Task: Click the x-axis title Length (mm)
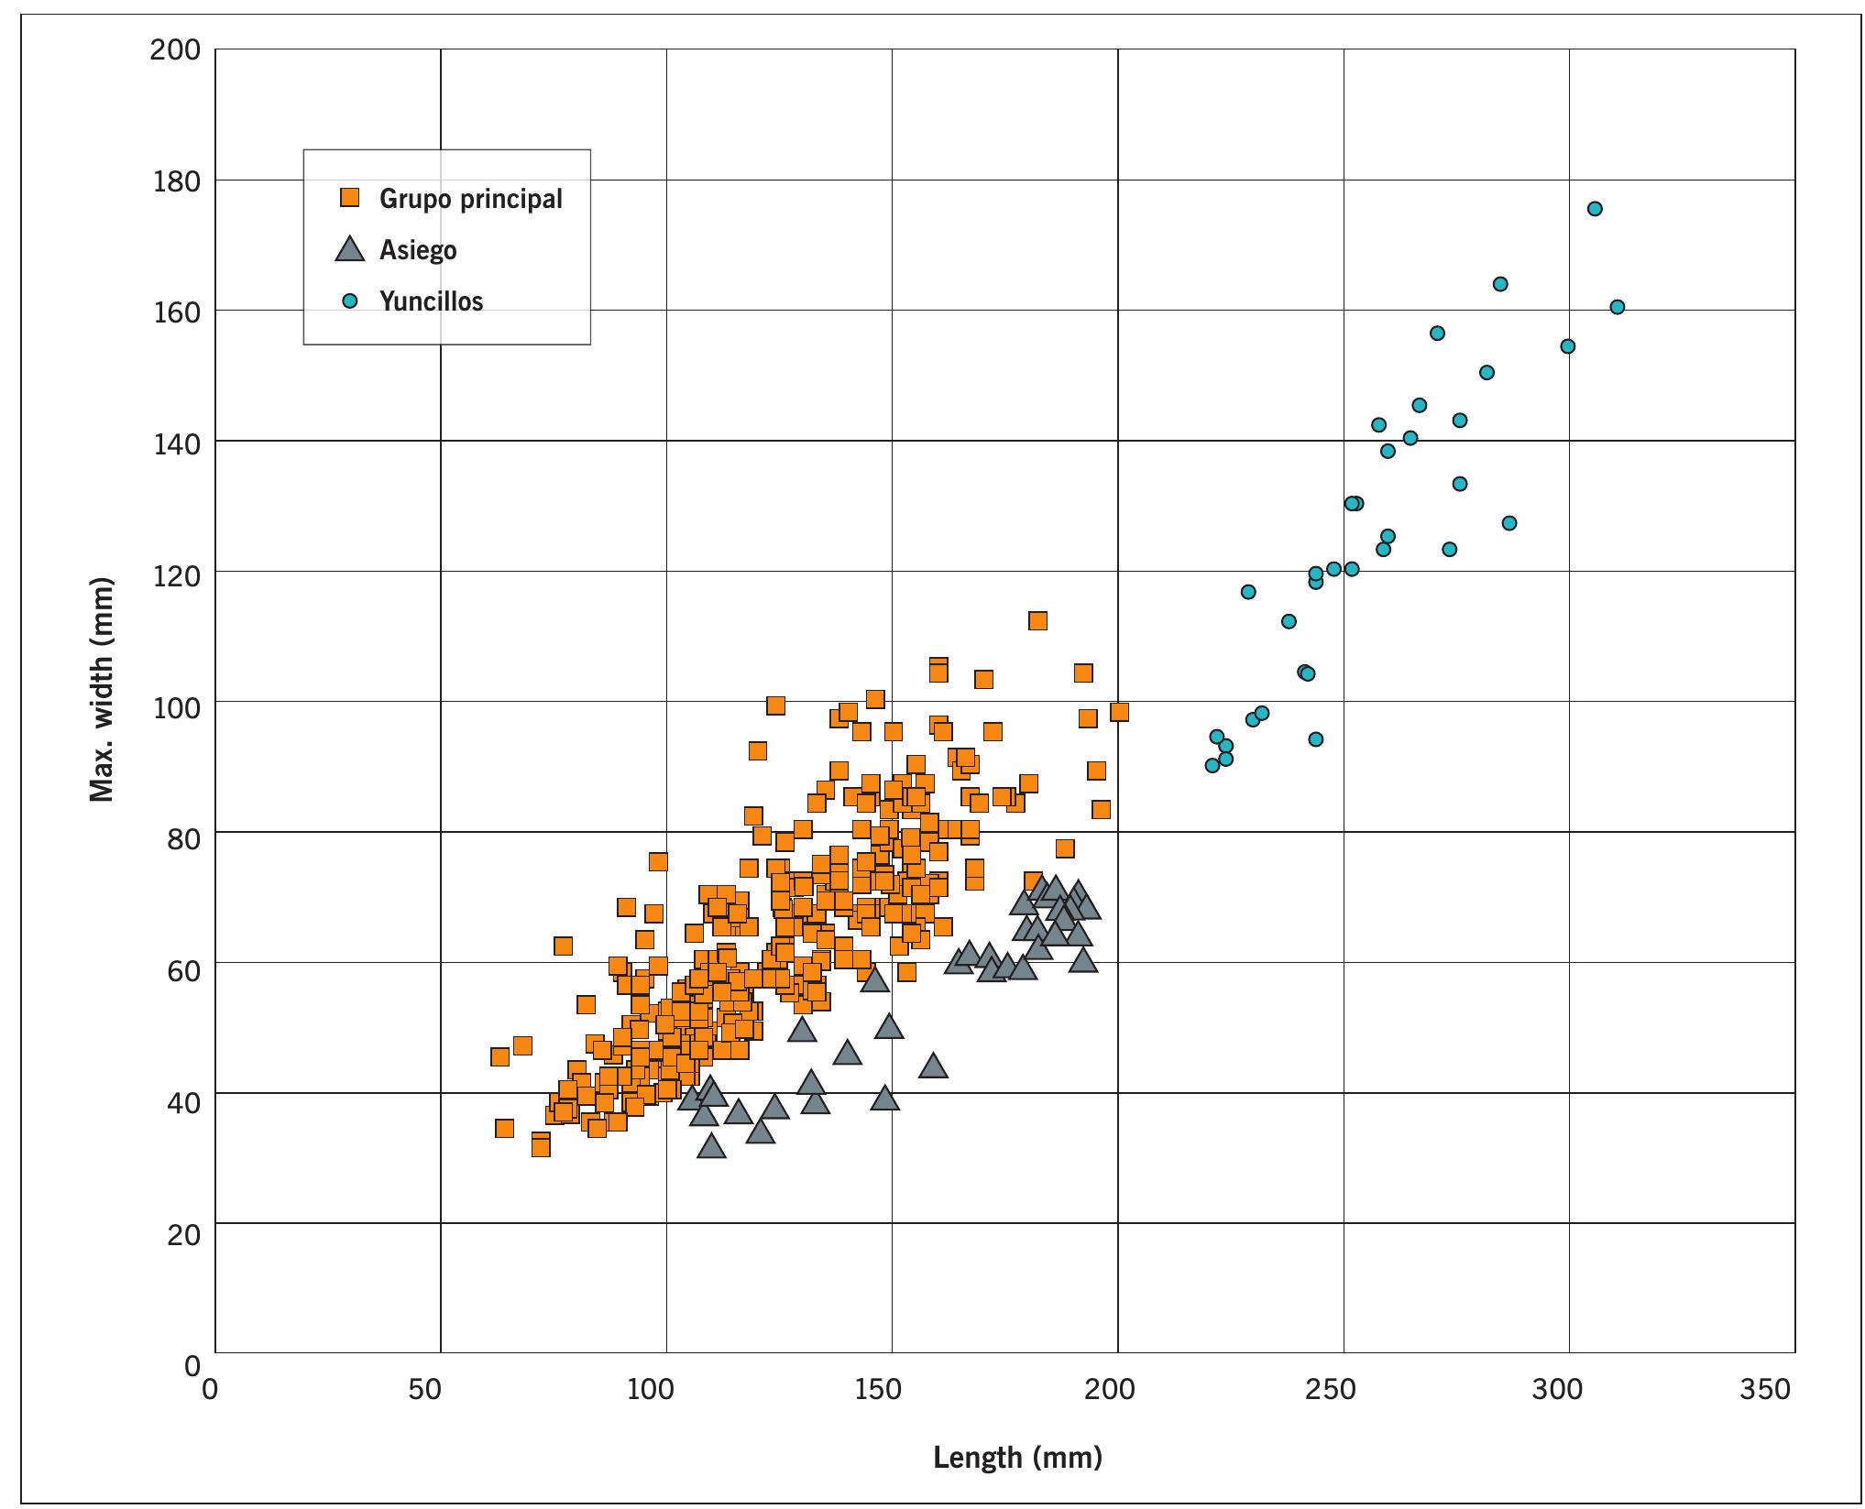coord(1017,1456)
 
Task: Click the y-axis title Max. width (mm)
coord(103,690)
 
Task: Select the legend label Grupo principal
coord(470,198)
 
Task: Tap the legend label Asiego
coord(418,249)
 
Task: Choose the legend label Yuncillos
coord(431,301)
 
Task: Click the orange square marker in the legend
coord(349,197)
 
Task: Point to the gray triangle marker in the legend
coord(349,249)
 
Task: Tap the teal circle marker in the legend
coord(349,301)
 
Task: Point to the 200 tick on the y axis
coord(174,49)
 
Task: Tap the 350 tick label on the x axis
coord(1763,1390)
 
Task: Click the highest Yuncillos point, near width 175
coord(1595,209)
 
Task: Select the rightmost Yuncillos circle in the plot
coord(1618,307)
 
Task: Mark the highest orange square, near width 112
coord(1037,621)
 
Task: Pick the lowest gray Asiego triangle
coord(711,1147)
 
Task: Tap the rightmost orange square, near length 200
coord(1119,712)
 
